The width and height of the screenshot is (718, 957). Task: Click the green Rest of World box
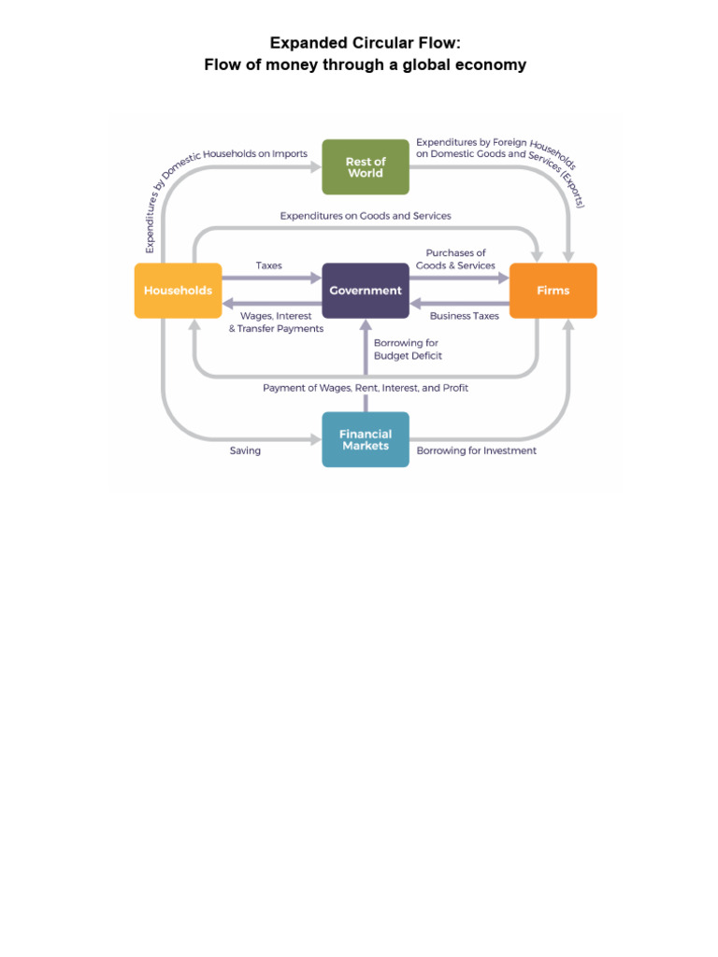[x=366, y=167]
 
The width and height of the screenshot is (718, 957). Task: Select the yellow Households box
[x=178, y=291]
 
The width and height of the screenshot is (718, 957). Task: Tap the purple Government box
[x=366, y=291]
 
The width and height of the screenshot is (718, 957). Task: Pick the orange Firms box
[x=553, y=291]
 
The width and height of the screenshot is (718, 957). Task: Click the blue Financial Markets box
[x=366, y=439]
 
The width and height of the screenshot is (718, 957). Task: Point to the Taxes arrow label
[x=269, y=266]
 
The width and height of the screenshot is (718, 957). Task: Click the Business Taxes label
[x=465, y=316]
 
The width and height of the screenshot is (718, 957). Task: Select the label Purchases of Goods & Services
[x=456, y=260]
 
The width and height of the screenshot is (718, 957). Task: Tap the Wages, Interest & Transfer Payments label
[x=276, y=322]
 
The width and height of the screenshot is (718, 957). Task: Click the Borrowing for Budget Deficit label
[x=408, y=350]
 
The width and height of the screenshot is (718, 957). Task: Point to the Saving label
[x=245, y=450]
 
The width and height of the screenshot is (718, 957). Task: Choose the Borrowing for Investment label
[x=477, y=450]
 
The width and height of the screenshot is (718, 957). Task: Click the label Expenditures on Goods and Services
[x=366, y=216]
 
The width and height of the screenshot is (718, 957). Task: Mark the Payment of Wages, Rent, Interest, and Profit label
[x=366, y=388]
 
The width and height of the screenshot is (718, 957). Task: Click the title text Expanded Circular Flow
[x=366, y=43]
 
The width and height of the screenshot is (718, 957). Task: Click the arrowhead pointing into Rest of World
[x=314, y=167]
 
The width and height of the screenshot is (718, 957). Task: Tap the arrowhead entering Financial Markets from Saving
[x=314, y=439]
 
